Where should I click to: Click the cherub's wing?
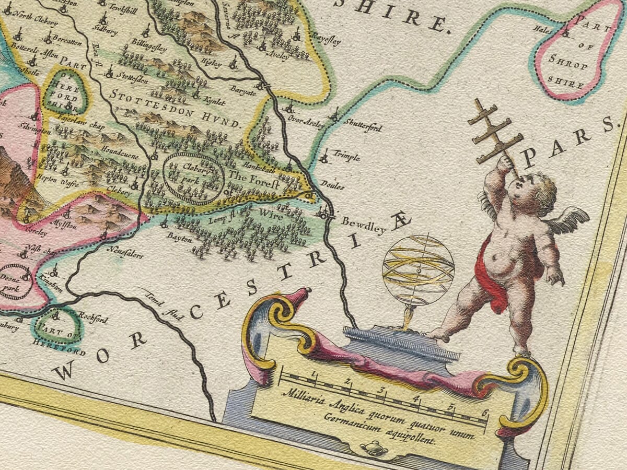point(567,219)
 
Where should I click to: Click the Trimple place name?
point(346,156)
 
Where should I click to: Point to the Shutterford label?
point(363,126)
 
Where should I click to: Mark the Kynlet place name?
point(215,99)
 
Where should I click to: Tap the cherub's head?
point(537,191)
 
